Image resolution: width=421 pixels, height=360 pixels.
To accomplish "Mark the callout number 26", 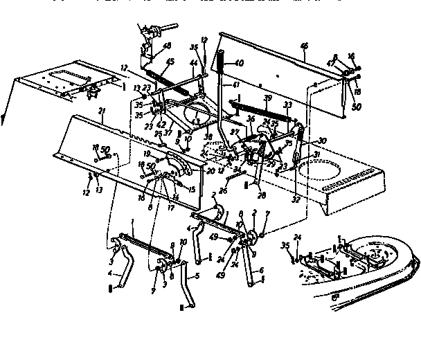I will [222, 191].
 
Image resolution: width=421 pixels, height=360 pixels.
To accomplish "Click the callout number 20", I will [209, 168].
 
